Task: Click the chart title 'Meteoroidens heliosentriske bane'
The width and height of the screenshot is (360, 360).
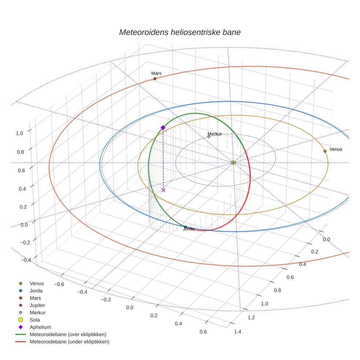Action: point(180,32)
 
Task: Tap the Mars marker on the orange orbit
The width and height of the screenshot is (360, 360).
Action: point(155,79)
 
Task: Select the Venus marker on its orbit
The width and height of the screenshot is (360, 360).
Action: point(325,151)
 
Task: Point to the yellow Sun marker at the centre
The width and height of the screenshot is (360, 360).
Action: point(233,162)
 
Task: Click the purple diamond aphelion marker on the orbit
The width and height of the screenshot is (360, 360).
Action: point(163,127)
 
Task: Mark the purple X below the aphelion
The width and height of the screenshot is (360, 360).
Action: point(164,190)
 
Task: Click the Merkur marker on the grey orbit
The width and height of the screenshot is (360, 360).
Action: point(209,137)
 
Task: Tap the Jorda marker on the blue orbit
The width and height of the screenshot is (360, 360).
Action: point(185,227)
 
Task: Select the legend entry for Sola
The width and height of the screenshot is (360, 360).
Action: point(35,320)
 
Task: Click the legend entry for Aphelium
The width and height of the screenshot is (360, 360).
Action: point(40,327)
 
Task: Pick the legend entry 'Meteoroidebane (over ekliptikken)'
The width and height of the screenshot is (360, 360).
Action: point(68,334)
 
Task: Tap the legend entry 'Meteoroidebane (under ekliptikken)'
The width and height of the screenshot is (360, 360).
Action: point(69,342)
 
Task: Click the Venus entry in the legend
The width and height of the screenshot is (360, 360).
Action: point(37,283)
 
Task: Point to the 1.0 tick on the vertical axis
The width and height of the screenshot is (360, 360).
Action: point(19,133)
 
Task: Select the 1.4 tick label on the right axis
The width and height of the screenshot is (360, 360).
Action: point(237,331)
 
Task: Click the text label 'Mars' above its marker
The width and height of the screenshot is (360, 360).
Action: point(156,73)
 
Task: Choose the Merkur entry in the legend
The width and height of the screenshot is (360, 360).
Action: point(37,312)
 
